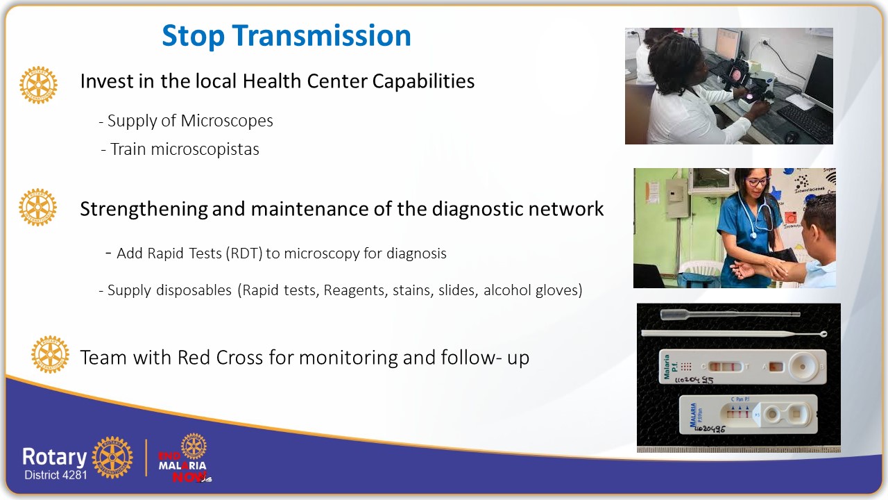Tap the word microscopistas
pyautogui.click(x=185, y=149)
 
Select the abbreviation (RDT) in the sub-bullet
pyautogui.click(x=244, y=253)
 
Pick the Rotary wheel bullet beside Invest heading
pyautogui.click(x=38, y=85)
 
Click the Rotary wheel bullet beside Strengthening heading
pyautogui.click(x=37, y=207)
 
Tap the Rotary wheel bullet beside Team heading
pyautogui.click(x=50, y=354)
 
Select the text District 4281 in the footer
pyautogui.click(x=55, y=476)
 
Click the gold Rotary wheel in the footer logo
pyautogui.click(x=112, y=458)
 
